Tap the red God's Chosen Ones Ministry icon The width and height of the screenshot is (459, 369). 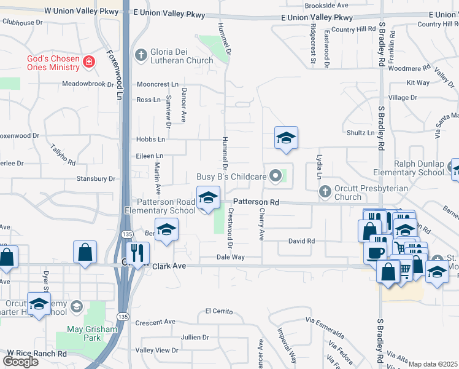(89, 62)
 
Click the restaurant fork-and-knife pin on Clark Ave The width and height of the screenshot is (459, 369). (137, 253)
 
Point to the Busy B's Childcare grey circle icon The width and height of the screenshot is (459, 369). (276, 177)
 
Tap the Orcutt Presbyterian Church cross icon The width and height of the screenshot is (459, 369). (325, 192)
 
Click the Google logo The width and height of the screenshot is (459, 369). (21, 361)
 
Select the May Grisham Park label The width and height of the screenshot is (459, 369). (91, 333)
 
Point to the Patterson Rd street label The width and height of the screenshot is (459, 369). (256, 202)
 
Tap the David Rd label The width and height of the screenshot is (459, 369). (301, 241)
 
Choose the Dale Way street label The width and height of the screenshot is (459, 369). (230, 257)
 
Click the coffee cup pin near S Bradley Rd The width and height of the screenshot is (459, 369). (375, 252)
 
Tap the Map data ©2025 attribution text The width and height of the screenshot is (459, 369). (433, 364)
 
